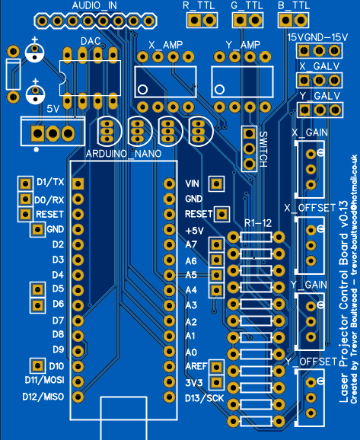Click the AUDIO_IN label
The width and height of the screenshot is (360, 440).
[x=95, y=5]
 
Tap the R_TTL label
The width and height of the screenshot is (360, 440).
[x=199, y=5]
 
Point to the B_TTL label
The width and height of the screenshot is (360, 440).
[x=294, y=5]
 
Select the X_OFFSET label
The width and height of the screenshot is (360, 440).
[x=310, y=208]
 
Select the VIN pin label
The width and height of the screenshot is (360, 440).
[x=192, y=183]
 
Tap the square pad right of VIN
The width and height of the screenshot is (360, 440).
[x=217, y=183]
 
